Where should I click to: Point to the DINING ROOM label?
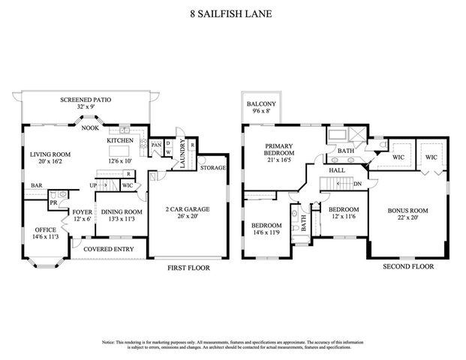121,212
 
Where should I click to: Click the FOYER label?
83,212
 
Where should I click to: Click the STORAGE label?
212,167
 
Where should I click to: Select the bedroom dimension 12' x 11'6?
344,217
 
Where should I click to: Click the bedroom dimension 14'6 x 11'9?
266,233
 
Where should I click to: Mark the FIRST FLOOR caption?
188,268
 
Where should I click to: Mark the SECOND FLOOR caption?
408,265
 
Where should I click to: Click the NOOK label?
91,128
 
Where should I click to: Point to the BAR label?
35,186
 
